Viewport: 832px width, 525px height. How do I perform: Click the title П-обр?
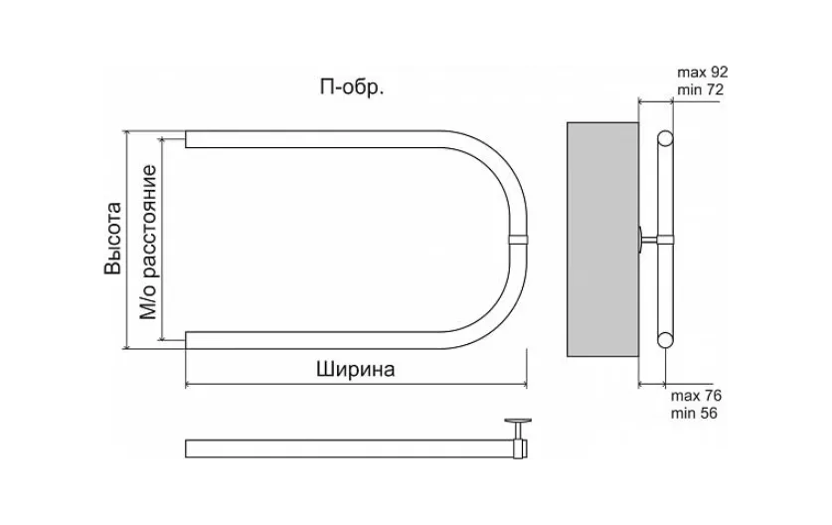point(352,87)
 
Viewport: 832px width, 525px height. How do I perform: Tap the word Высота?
point(112,239)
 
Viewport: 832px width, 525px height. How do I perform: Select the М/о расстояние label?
point(148,242)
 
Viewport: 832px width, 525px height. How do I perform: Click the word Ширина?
point(356,369)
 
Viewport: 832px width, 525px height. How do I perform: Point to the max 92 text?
point(703,73)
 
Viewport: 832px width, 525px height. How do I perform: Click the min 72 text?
point(700,89)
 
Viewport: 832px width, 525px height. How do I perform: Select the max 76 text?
point(696,396)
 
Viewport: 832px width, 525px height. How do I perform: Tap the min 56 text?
point(694,413)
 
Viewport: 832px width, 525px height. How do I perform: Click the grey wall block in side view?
point(602,240)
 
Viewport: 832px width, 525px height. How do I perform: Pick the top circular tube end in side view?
point(665,138)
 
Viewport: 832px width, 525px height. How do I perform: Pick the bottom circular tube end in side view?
point(665,340)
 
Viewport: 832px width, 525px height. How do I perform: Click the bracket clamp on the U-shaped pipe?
point(519,239)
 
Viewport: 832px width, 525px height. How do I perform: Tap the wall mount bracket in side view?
point(648,240)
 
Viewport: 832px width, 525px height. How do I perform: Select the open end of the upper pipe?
point(186,139)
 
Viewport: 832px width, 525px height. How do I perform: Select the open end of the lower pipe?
point(186,340)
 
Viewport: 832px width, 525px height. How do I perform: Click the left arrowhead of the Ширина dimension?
point(189,385)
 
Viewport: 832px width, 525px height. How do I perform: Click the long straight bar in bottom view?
point(350,448)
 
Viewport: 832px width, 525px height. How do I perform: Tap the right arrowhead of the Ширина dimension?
point(523,385)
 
